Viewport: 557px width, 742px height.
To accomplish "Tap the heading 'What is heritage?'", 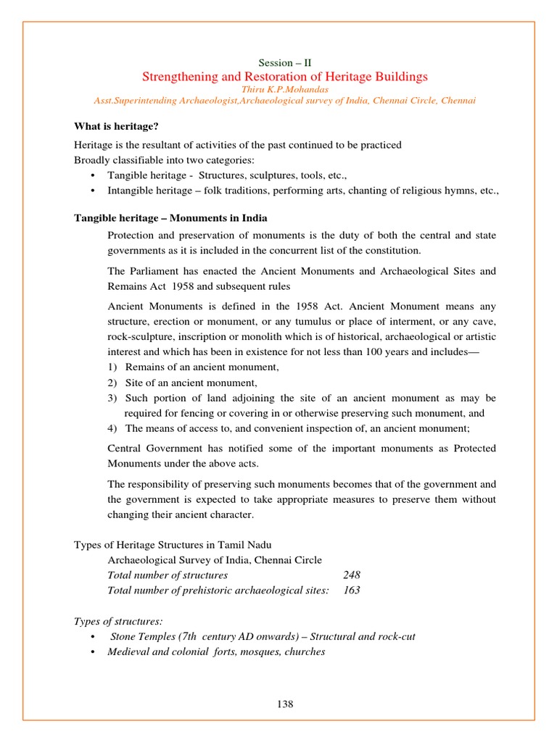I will [x=116, y=126].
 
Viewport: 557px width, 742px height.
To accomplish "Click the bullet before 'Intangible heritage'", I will [x=93, y=191].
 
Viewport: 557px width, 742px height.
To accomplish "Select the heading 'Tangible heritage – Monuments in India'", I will [x=170, y=218].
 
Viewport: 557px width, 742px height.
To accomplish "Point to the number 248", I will [x=351, y=575].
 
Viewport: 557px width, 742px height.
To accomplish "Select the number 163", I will [x=351, y=590].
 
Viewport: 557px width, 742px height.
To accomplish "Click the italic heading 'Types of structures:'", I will [x=119, y=621].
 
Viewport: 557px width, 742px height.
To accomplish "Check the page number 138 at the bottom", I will [x=285, y=704].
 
